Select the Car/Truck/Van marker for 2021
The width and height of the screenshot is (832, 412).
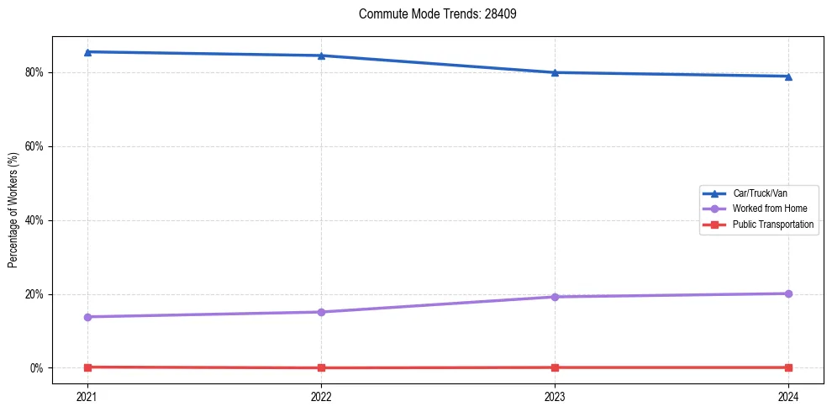(87, 52)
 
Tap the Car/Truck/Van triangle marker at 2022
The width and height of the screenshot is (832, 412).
(321, 55)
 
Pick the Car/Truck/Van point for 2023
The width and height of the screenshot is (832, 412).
(555, 72)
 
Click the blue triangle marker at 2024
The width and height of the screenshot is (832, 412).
(788, 77)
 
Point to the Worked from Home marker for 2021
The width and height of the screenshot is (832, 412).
(87, 317)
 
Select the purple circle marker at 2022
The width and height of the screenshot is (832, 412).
(321, 312)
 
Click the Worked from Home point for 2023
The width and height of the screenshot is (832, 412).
(555, 297)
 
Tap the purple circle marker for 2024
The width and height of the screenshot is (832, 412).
(788, 293)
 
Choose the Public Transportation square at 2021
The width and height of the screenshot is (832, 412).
(87, 367)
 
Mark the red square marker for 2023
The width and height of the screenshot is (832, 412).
(555, 367)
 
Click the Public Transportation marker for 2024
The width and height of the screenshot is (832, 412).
(788, 367)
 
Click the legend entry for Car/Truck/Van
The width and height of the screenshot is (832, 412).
(760, 193)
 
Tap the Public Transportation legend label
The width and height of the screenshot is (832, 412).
(773, 224)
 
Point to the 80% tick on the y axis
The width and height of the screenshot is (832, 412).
(36, 72)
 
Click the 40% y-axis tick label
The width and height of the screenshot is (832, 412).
(36, 220)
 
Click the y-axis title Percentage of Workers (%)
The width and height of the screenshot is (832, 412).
(13, 210)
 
